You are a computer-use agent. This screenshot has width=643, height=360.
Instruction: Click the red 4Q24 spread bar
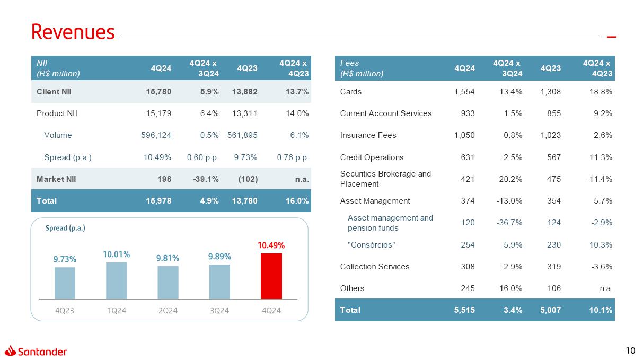pos(271,276)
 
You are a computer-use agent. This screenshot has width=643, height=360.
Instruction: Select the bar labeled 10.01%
pos(117,280)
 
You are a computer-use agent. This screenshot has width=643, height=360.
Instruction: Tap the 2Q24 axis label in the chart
pos(168,311)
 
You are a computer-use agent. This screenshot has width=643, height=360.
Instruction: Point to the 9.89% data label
pos(219,257)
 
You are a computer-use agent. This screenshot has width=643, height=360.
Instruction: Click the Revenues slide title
pos(73,32)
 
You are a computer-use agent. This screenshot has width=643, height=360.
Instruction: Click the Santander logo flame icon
pos(11,350)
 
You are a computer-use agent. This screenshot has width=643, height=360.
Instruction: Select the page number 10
pos(630,350)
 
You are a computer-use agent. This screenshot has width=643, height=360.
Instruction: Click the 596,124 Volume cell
pos(154,135)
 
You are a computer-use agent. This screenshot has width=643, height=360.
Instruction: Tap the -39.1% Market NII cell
pos(205,179)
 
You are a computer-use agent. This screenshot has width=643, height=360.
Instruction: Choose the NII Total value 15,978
pos(158,201)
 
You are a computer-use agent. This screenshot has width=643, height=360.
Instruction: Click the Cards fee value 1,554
pos(464,92)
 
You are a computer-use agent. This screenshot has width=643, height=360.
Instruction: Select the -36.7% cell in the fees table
pos(509,223)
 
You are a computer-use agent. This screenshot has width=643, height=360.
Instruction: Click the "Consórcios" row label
pos(371,244)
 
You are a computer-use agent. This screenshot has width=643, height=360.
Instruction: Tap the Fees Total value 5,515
pos(464,310)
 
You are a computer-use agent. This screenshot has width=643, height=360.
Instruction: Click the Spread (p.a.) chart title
pos(66,228)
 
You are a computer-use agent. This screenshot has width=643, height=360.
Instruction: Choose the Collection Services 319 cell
pos(554,267)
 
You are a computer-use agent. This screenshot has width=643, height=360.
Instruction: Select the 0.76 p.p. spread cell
pos(293,157)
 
